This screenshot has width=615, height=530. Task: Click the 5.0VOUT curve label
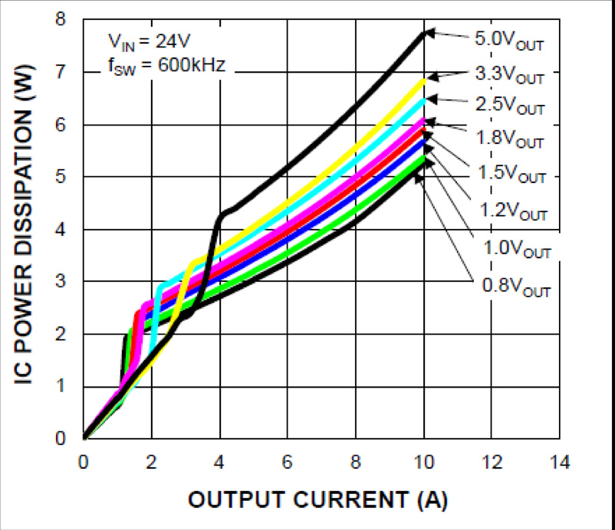click(x=509, y=40)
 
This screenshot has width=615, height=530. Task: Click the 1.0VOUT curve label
click(x=518, y=249)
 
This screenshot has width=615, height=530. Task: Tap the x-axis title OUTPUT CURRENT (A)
click(x=318, y=499)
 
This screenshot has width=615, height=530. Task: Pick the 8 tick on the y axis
click(x=61, y=20)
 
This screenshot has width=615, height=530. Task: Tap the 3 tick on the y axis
click(x=61, y=282)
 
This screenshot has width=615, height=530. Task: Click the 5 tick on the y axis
click(x=61, y=177)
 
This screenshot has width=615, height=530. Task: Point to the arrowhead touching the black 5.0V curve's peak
click(x=429, y=32)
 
